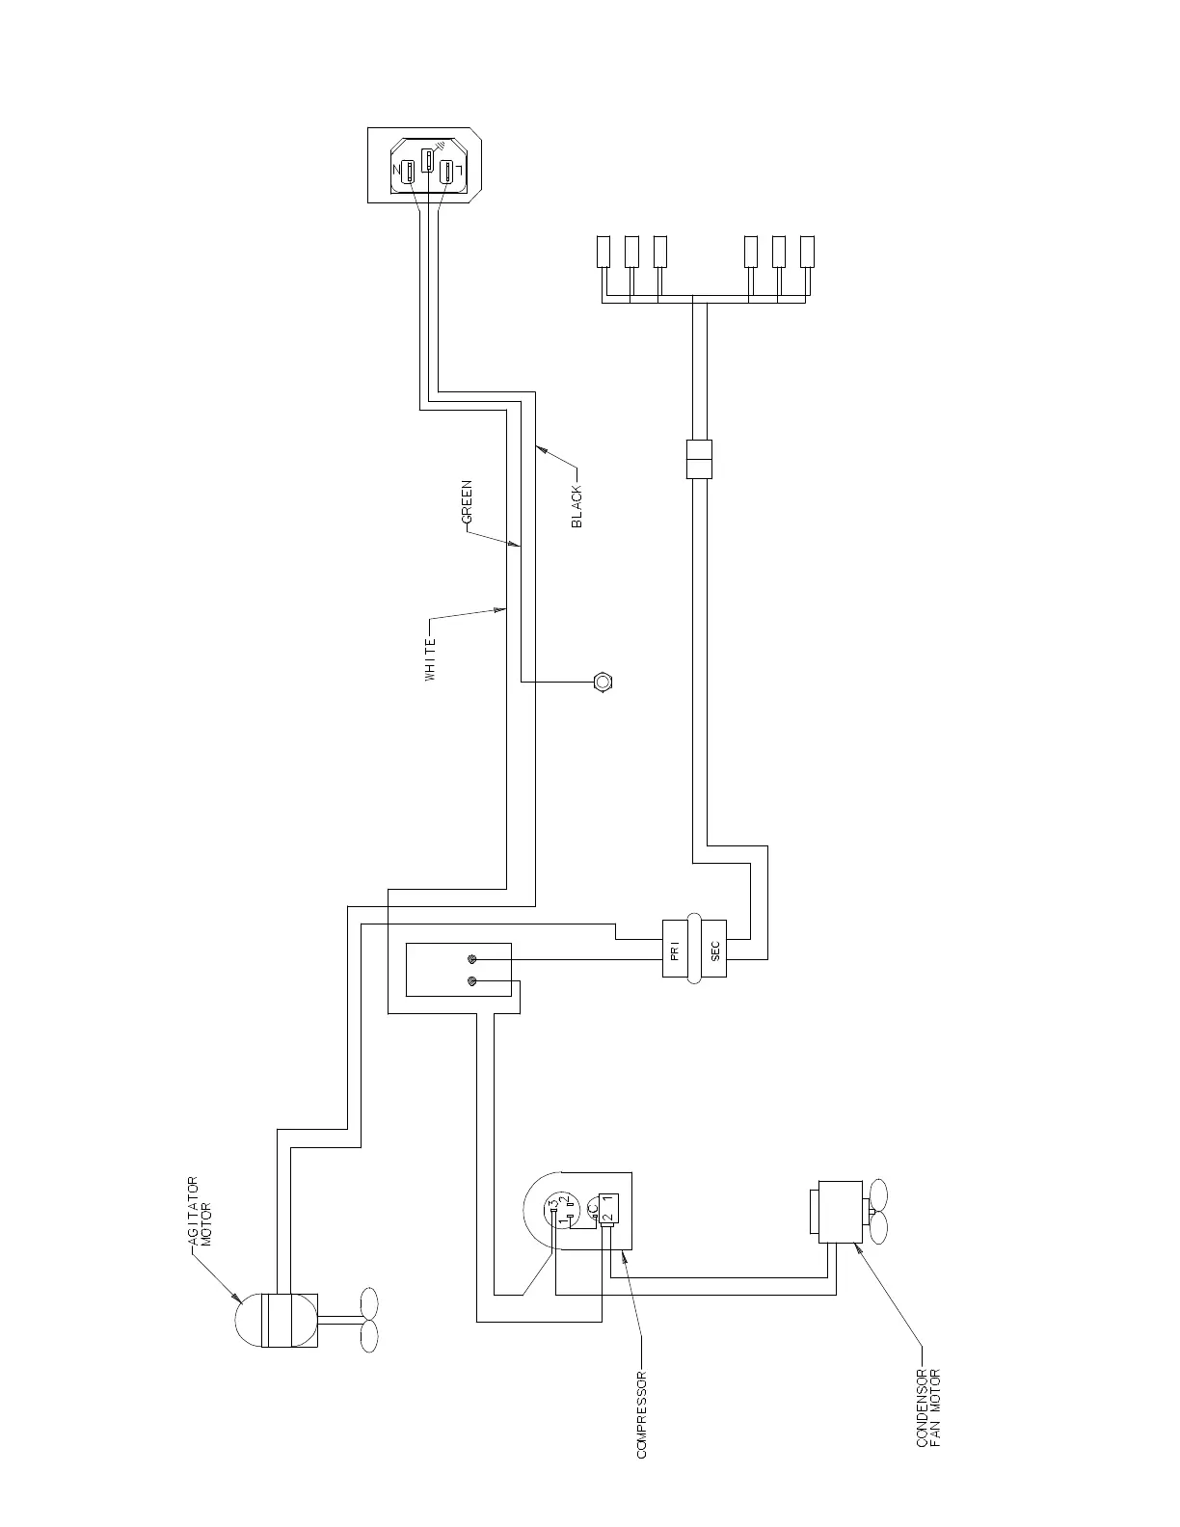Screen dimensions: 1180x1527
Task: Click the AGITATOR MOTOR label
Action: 200,1212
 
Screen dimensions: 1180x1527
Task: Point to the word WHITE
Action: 431,660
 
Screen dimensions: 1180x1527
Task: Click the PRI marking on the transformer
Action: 675,951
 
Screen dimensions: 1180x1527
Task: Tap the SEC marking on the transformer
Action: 714,951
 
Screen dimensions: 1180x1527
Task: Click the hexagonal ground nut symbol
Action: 603,683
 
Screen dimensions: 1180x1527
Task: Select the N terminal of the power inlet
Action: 408,173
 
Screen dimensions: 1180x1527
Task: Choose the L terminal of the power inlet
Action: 446,173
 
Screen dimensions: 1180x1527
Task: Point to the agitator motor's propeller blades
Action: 368,1320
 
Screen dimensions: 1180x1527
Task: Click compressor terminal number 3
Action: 554,1204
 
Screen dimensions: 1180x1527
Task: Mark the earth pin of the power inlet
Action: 427,160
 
